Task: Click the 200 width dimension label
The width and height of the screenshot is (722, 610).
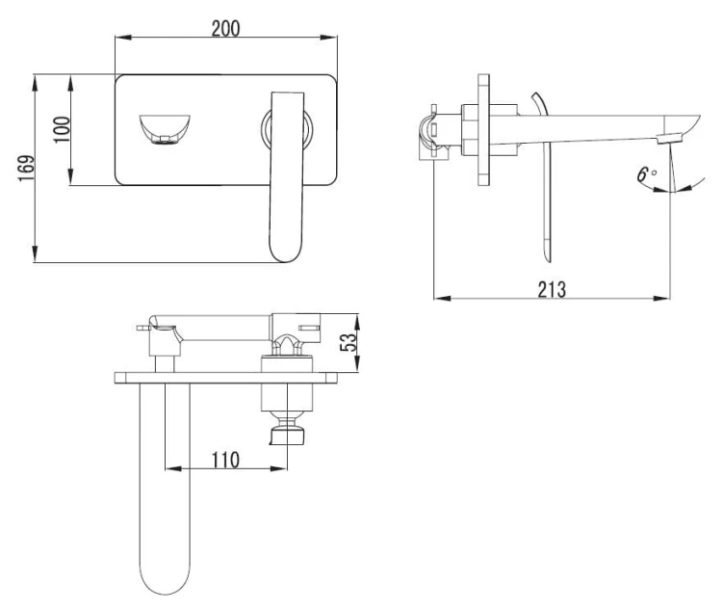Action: [x=225, y=29]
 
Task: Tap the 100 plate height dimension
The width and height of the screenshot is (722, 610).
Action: [x=62, y=129]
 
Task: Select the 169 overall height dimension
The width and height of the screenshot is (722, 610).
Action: [x=27, y=169]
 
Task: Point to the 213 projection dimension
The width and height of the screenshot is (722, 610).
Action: [x=552, y=289]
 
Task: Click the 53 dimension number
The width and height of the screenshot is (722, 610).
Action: [x=348, y=342]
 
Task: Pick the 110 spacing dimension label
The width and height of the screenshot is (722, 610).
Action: [x=225, y=460]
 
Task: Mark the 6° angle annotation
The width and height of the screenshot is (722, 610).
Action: [x=647, y=174]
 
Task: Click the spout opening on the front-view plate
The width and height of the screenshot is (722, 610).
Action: [x=165, y=129]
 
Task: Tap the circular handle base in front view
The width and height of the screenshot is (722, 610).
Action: [x=287, y=128]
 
